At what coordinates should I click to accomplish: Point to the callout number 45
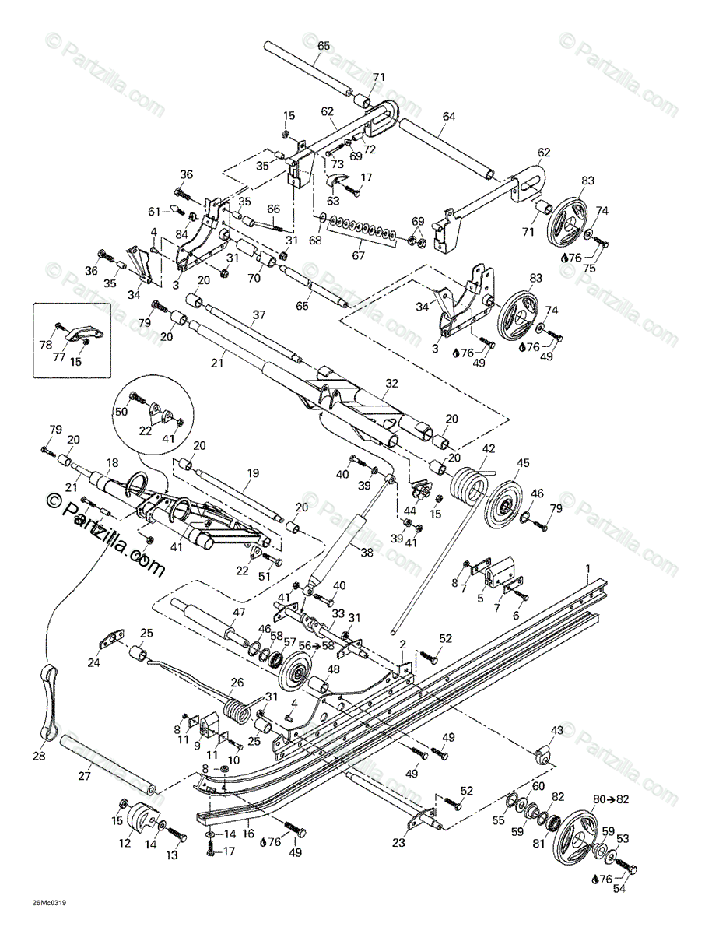point(522,463)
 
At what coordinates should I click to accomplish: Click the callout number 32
point(391,383)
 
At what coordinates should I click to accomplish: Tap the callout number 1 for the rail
point(588,569)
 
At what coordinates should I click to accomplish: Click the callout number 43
point(556,730)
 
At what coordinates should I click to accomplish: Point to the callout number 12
point(125,843)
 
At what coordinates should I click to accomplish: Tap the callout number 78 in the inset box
point(46,344)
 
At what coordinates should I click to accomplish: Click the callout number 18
point(112,462)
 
